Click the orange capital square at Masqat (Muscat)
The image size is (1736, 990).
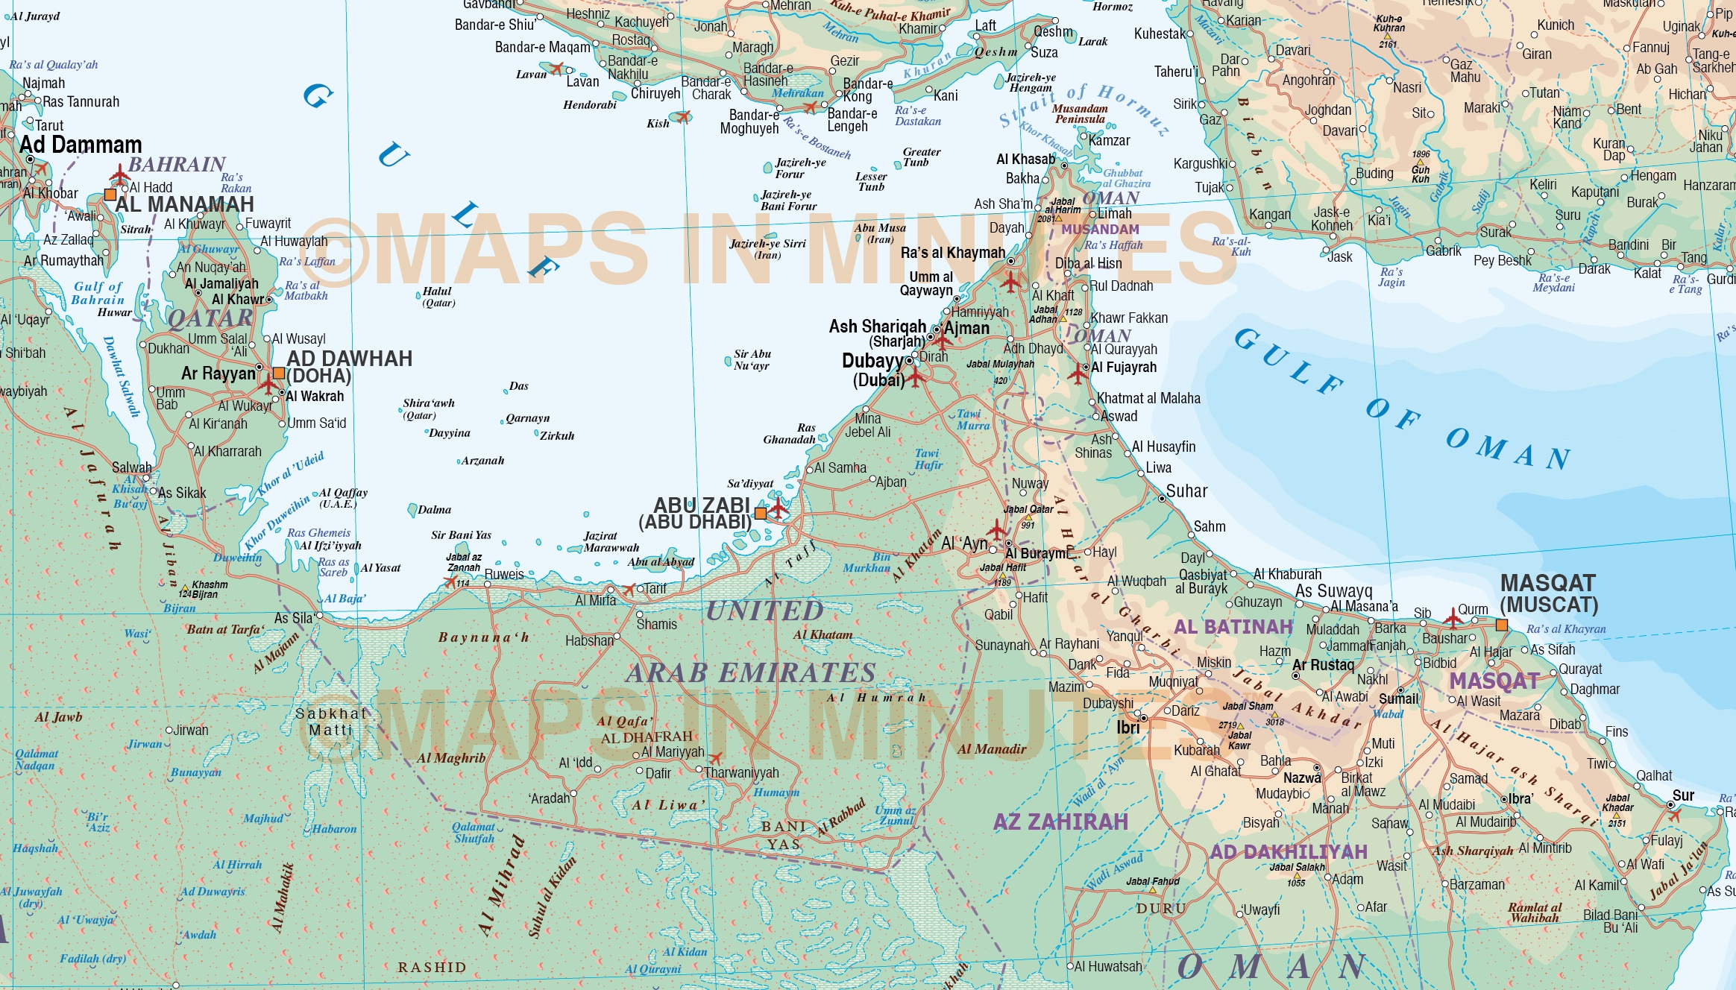[x=1502, y=625]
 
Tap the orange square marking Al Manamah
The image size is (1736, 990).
[x=110, y=195]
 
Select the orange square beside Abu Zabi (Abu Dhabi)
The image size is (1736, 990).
[x=760, y=513]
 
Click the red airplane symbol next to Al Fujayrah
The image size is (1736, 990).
[x=1077, y=373]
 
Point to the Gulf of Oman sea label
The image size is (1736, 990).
[x=1402, y=406]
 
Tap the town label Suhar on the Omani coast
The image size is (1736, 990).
[x=1186, y=491]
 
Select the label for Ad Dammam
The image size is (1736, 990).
[x=81, y=145]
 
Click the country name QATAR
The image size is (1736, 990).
[x=210, y=318]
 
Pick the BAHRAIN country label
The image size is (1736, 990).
[x=177, y=164]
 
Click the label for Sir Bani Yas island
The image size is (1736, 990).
[x=461, y=535]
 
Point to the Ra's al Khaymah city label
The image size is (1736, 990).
[x=952, y=253]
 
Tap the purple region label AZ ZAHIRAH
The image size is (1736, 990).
[x=1060, y=822]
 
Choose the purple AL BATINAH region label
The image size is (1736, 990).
[x=1233, y=627]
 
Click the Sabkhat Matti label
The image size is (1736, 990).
[x=331, y=722]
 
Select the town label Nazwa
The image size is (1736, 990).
[x=1302, y=778]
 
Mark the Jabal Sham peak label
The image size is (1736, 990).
[x=1248, y=706]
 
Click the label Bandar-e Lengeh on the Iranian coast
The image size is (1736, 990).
[x=852, y=120]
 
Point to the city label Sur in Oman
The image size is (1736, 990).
[x=1683, y=795]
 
